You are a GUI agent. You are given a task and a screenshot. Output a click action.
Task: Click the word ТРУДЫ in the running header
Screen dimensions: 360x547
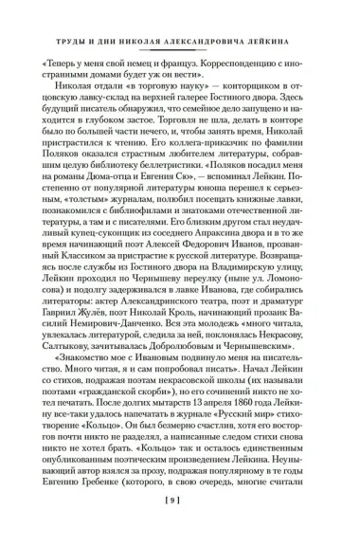pyautogui.click(x=65, y=29)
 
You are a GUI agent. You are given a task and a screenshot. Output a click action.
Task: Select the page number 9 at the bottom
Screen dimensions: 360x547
pyautogui.click(x=180, y=523)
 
